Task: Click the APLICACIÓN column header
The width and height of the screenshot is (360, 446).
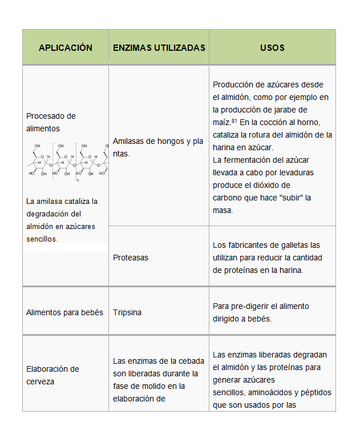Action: [66, 48]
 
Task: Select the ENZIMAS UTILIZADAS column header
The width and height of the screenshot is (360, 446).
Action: [159, 48]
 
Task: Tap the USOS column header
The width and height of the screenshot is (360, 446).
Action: [272, 48]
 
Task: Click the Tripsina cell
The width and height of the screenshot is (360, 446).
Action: [127, 312]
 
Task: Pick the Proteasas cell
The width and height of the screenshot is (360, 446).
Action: [131, 258]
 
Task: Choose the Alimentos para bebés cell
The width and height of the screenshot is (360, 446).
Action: [64, 312]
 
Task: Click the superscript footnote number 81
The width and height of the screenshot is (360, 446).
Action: [234, 120]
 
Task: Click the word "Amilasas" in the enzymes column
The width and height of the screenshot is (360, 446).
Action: [130, 141]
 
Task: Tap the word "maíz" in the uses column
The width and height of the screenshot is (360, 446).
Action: [221, 122]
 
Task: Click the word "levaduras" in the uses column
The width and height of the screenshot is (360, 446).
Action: [294, 172]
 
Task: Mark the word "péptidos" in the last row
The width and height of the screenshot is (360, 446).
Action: [316, 392]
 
